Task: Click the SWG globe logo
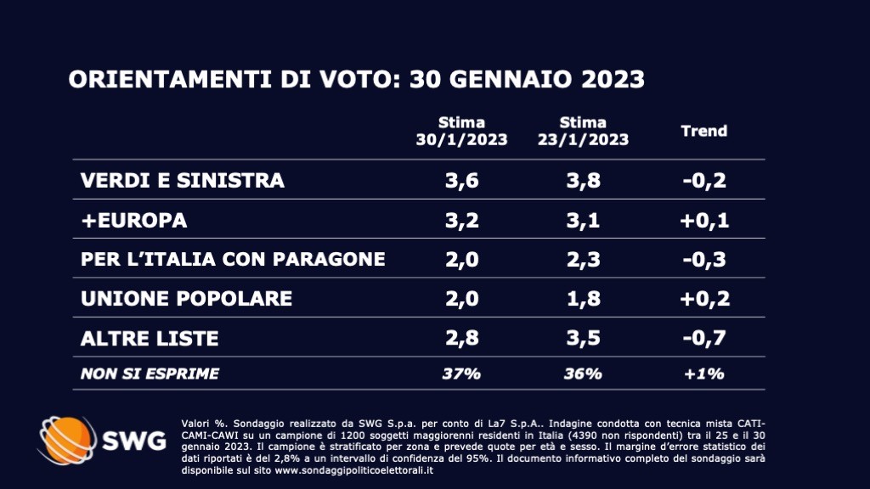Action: pos(68,441)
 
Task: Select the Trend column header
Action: pos(704,131)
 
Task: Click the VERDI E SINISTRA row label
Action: pos(182,181)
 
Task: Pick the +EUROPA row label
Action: pos(133,221)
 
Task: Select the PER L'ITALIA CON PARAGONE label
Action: pos(232,260)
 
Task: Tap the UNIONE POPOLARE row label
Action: pos(186,299)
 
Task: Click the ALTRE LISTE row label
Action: pos(150,339)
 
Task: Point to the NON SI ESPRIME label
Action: pos(150,374)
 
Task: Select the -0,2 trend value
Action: pos(704,181)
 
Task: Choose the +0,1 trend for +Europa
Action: pos(704,221)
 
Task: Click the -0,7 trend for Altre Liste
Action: pos(704,339)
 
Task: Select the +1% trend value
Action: pos(704,374)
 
